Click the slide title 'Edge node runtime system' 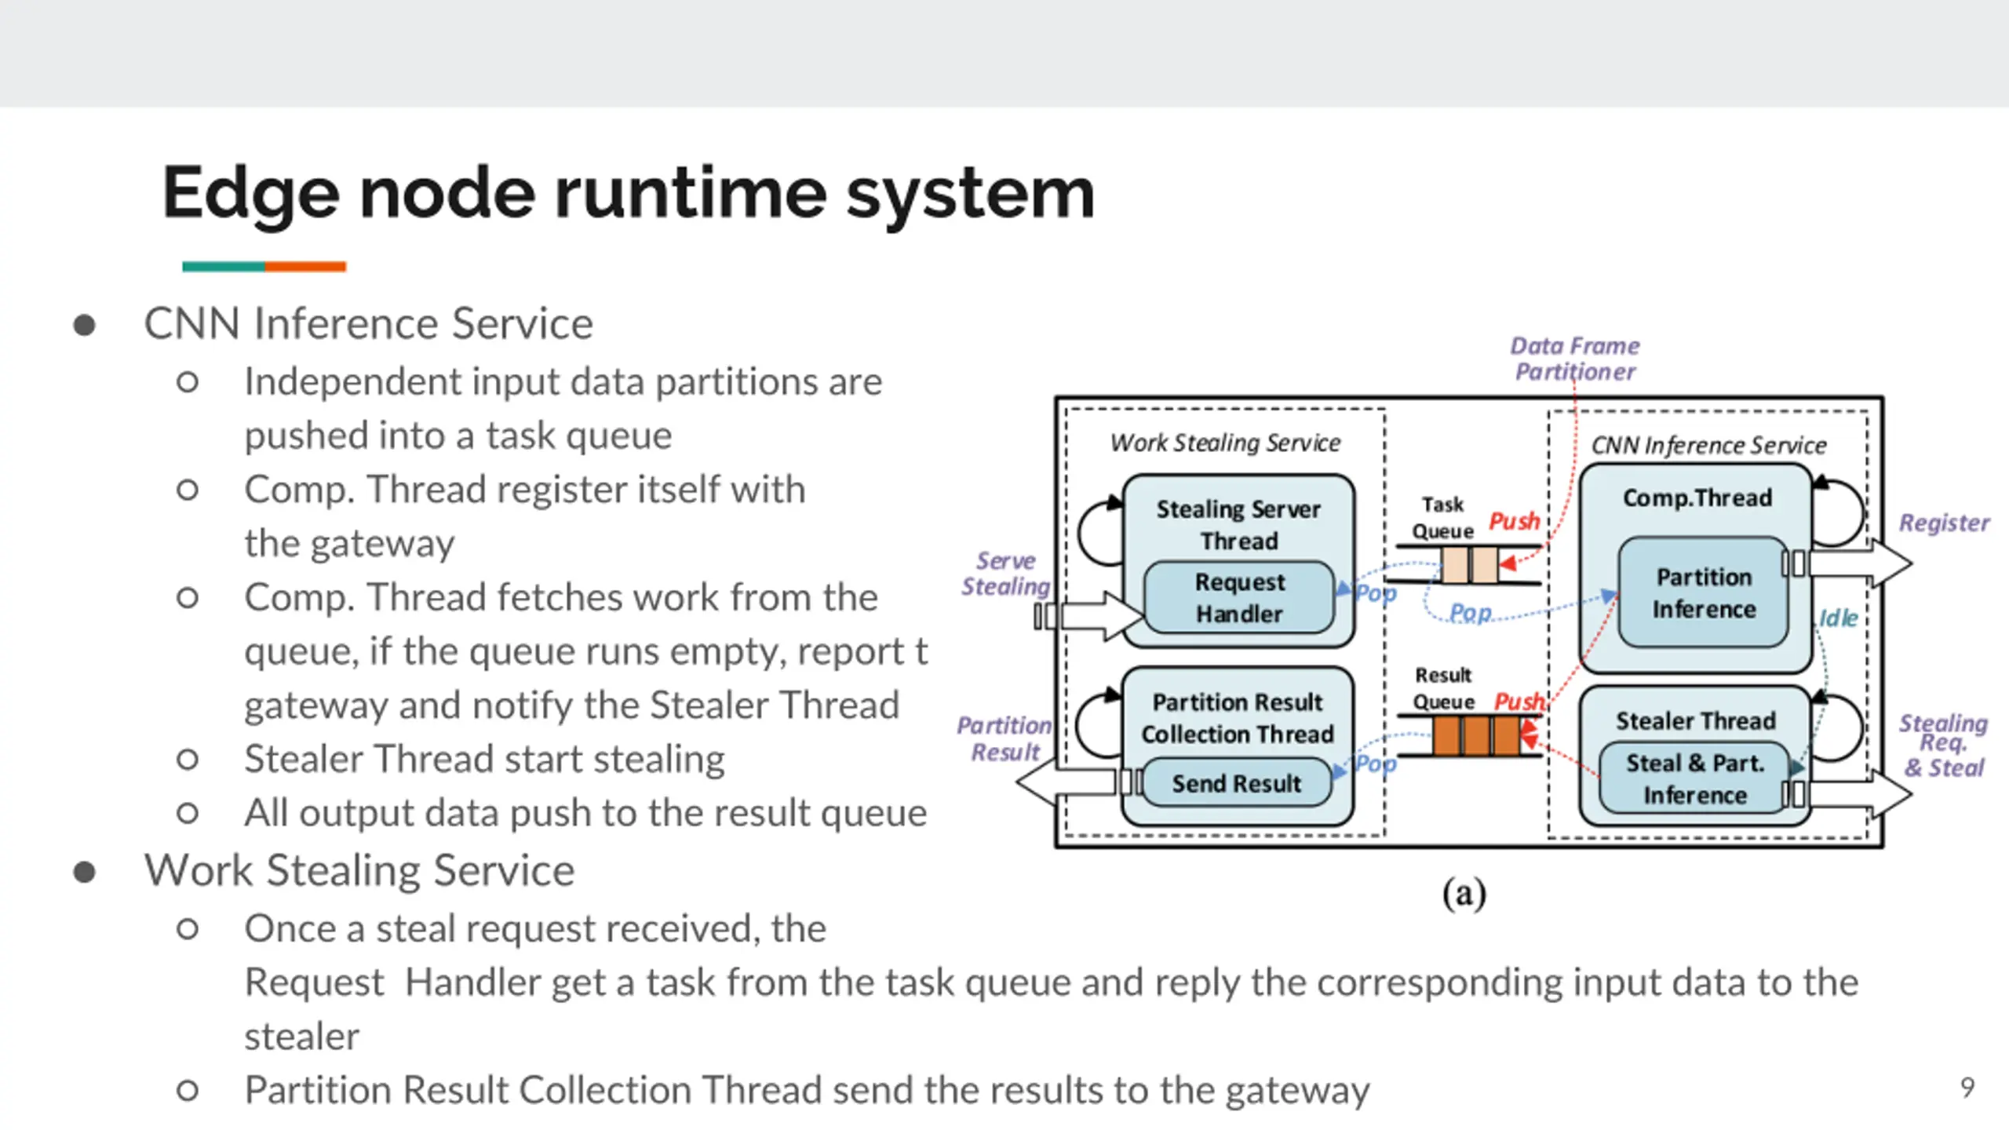(x=628, y=193)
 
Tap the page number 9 (x=1967, y=1088)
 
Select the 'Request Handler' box (x=1239, y=598)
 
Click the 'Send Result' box (x=1236, y=783)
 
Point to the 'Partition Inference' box (x=1703, y=593)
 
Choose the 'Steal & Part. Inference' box (x=1694, y=779)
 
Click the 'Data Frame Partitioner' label (x=1574, y=359)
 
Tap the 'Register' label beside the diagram (x=1943, y=523)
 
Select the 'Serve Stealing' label (x=1005, y=574)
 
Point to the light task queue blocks (x=1469, y=565)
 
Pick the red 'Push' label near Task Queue (x=1514, y=521)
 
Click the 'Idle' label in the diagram (x=1838, y=618)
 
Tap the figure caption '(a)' (x=1464, y=894)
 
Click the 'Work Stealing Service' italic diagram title (x=1225, y=443)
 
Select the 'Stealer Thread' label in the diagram (x=1695, y=720)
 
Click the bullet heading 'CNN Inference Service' (x=368, y=323)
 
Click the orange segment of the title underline (x=305, y=267)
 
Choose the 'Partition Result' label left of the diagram (x=1004, y=738)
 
